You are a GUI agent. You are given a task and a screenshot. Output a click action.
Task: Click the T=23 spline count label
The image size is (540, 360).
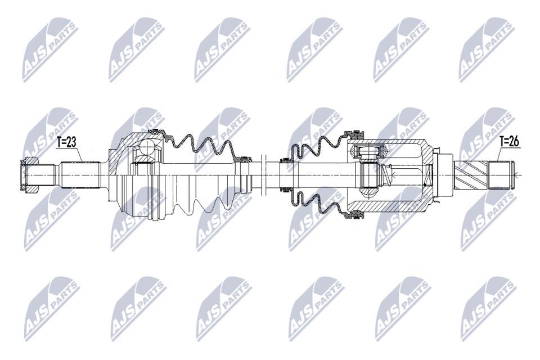coord(66,142)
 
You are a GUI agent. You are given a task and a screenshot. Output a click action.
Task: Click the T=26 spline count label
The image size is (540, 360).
coord(510,141)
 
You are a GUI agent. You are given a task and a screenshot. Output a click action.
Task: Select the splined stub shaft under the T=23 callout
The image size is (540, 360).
coord(80,175)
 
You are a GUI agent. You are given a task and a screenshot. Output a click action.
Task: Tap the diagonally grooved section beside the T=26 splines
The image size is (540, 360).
coord(471,175)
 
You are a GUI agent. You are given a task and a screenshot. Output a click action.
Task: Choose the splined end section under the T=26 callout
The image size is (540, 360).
coord(501,175)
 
